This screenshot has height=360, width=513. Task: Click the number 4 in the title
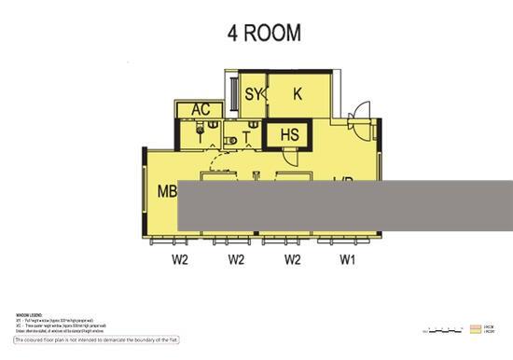pos(233,34)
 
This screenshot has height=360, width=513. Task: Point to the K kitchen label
pos(298,93)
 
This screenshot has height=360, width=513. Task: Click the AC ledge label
pos(201,110)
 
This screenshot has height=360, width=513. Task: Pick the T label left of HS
pos(247,139)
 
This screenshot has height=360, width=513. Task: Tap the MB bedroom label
pos(167,191)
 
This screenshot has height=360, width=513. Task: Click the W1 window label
pos(347,259)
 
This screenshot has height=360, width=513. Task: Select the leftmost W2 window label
pos(180,259)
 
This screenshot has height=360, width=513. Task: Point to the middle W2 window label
pos(236,259)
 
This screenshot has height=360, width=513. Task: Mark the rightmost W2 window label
pos(292,259)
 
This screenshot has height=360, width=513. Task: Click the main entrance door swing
pos(359,116)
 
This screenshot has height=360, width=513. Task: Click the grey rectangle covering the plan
pos(343,207)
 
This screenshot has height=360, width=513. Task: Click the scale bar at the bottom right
pos(443,329)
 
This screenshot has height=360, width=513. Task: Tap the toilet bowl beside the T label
pos(230,139)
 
